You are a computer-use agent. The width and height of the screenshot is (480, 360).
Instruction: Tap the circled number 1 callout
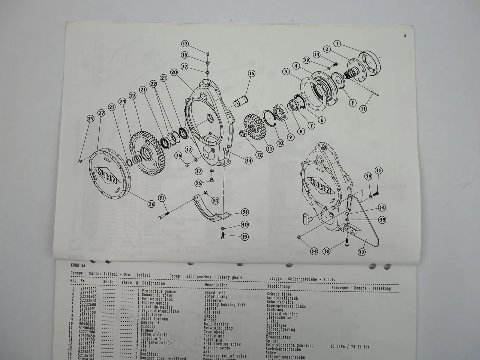click(338, 44)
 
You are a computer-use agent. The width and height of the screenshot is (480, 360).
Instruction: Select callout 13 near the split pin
click(363, 109)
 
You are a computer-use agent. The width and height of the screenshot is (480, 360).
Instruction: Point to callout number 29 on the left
click(90, 119)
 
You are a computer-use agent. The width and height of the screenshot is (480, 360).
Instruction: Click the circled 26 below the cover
click(151, 204)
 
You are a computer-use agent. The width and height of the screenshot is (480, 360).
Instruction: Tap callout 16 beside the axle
click(251, 74)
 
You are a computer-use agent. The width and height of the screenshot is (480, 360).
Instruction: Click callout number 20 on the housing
click(173, 72)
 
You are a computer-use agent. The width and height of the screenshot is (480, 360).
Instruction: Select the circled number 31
click(162, 198)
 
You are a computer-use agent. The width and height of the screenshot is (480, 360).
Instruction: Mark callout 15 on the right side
click(379, 171)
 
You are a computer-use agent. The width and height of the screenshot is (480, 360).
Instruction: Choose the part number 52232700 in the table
click(88, 291)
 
